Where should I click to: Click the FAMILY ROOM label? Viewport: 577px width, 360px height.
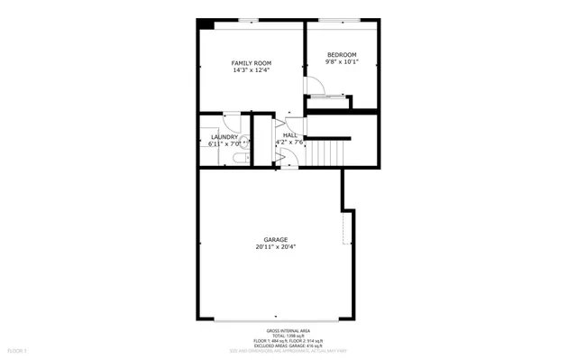[251, 62]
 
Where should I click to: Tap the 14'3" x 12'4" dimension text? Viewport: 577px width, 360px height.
[251, 69]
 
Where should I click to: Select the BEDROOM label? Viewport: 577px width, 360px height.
[343, 55]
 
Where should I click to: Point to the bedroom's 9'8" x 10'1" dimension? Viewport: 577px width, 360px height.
[343, 62]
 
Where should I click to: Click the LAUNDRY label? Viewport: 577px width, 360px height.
[224, 136]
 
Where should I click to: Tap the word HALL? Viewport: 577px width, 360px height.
[290, 134]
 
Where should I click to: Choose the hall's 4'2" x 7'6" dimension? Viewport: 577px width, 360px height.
[291, 142]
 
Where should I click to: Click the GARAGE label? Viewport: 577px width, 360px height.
[276, 239]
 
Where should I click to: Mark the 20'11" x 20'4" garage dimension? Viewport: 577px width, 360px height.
[276, 246]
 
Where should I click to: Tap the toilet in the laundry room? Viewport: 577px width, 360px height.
[237, 159]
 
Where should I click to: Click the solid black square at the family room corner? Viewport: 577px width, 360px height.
[206, 23]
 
